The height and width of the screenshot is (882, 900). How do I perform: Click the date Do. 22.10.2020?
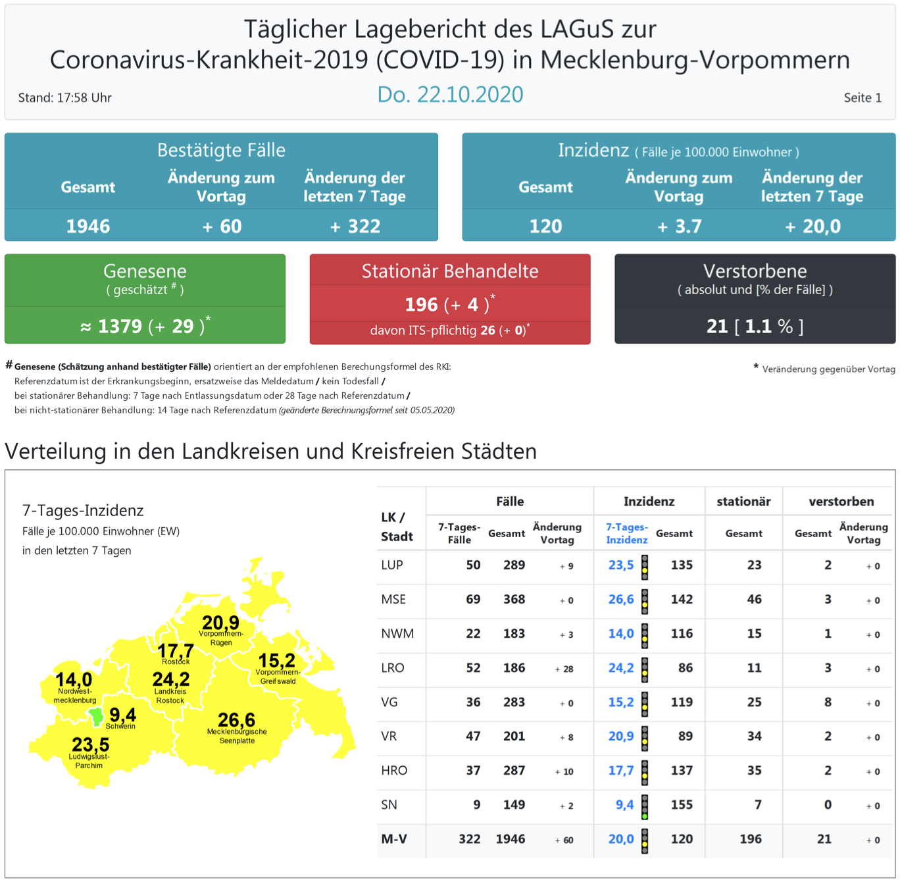pyautogui.click(x=450, y=95)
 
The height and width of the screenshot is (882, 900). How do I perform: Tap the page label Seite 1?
pyautogui.click(x=862, y=97)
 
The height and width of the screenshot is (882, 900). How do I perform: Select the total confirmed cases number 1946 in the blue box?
pyautogui.click(x=88, y=226)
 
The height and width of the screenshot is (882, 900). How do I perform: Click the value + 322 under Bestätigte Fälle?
pyautogui.click(x=355, y=226)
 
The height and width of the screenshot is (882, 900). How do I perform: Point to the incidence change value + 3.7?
pyautogui.click(x=680, y=226)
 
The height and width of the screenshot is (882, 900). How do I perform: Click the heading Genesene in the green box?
pyautogui.click(x=145, y=271)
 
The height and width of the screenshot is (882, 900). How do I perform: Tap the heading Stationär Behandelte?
pyautogui.click(x=450, y=271)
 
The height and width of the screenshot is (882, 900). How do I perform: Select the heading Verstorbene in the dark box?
pyautogui.click(x=755, y=271)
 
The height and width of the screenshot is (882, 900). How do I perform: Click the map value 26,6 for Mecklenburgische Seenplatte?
pyautogui.click(x=236, y=719)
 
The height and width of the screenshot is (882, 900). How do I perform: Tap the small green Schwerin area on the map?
pyautogui.click(x=96, y=716)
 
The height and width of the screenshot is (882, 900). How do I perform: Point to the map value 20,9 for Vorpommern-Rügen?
pyautogui.click(x=220, y=623)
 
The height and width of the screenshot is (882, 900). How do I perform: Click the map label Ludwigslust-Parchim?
pyautogui.click(x=89, y=761)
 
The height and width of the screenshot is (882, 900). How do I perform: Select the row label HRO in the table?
pyautogui.click(x=394, y=770)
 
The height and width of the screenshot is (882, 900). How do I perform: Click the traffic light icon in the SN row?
pyautogui.click(x=645, y=806)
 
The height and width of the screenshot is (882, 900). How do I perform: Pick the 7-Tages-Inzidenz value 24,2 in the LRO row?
pyautogui.click(x=620, y=667)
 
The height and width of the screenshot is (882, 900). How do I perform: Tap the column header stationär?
pyautogui.click(x=743, y=502)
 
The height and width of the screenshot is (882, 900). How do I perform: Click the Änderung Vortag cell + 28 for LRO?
pyautogui.click(x=564, y=669)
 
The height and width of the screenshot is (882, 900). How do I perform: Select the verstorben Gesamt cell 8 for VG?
pyautogui.click(x=828, y=702)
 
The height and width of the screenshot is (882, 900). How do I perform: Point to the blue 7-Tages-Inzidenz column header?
pyautogui.click(x=626, y=533)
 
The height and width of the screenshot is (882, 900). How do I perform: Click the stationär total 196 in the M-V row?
pyautogui.click(x=750, y=839)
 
